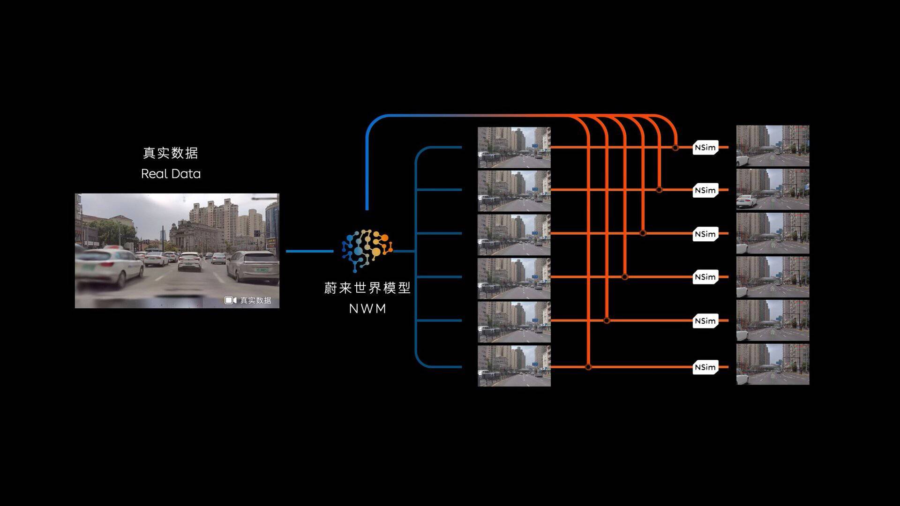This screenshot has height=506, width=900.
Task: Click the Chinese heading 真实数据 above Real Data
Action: click(170, 153)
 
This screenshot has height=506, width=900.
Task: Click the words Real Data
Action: click(171, 174)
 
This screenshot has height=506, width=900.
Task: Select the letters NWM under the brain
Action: click(367, 309)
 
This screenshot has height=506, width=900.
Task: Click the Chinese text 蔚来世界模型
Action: click(367, 288)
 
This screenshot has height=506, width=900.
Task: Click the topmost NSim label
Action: click(705, 148)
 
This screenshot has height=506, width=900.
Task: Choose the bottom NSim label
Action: click(705, 367)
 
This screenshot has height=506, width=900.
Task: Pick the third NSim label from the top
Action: click(705, 234)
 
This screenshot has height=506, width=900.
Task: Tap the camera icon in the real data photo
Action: click(230, 300)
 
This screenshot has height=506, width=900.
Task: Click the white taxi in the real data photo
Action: click(110, 266)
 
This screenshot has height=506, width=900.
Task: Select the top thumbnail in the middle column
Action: click(514, 147)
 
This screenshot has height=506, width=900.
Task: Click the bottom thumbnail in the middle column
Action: click(514, 366)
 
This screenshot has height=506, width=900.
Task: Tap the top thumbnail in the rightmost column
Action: click(772, 146)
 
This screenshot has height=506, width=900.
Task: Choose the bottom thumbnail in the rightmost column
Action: click(772, 365)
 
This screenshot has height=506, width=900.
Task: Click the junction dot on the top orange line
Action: click(675, 148)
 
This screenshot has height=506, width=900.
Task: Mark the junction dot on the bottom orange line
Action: click(588, 367)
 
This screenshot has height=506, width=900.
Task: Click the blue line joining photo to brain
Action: click(309, 251)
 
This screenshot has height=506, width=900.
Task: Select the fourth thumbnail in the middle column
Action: click(514, 278)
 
